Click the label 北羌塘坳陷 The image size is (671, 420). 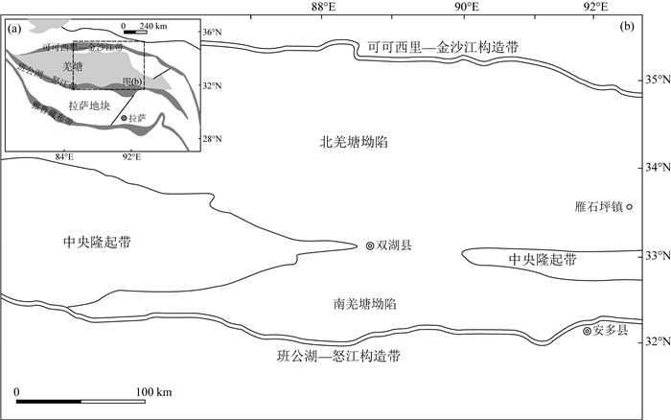click(x=358, y=142)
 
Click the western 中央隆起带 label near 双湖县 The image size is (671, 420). click(x=96, y=243)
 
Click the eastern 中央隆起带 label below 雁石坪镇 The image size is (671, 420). click(x=543, y=260)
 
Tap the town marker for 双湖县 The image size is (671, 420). click(x=370, y=246)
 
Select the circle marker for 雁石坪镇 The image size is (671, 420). click(x=630, y=206)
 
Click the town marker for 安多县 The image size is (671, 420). click(x=588, y=331)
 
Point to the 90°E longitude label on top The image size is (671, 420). click(x=467, y=7)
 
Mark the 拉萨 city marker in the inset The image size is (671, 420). click(x=125, y=118)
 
